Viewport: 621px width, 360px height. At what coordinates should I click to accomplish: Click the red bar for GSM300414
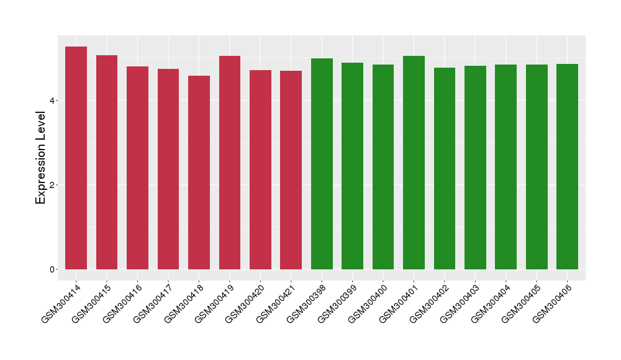pyautogui.click(x=76, y=158)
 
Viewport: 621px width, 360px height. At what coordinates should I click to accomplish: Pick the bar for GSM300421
pyautogui.click(x=291, y=170)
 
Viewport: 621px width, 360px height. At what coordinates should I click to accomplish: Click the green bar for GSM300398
pyautogui.click(x=322, y=164)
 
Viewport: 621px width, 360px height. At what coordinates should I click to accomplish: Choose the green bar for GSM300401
pyautogui.click(x=414, y=163)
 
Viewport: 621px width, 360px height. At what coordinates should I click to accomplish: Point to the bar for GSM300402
pyautogui.click(x=445, y=168)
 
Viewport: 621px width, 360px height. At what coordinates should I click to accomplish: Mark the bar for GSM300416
pyautogui.click(x=137, y=168)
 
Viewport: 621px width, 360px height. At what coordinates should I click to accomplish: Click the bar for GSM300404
pyautogui.click(x=505, y=167)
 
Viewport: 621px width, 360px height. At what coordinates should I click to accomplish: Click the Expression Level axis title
pyautogui.click(x=41, y=158)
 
